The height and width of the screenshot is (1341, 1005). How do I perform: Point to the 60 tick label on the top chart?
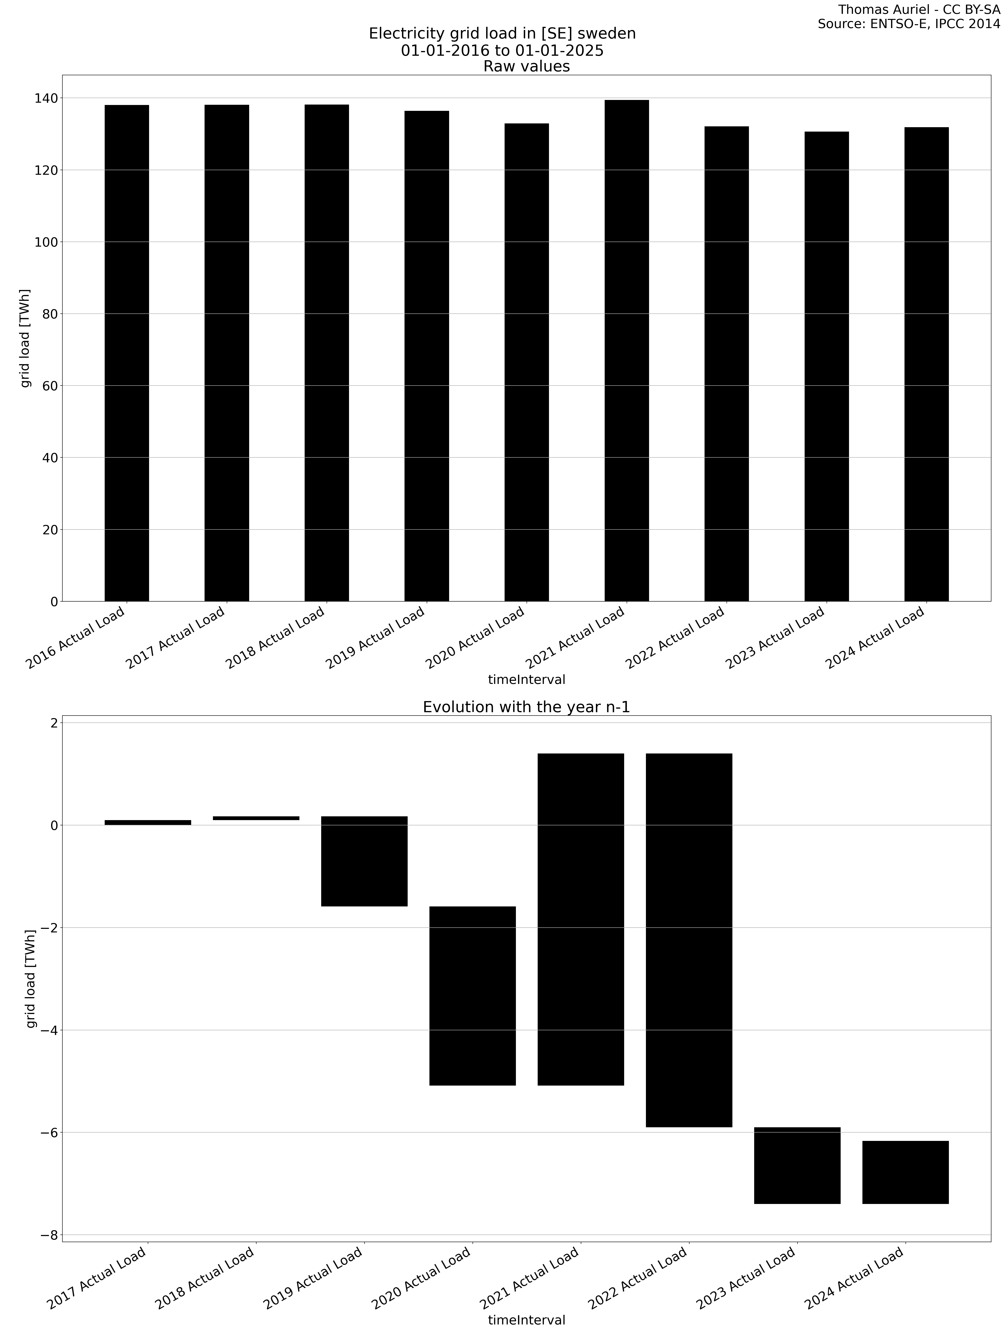point(50,386)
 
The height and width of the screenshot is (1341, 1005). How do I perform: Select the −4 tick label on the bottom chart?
point(45,1030)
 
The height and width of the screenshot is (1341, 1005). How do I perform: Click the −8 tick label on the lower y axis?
point(45,1235)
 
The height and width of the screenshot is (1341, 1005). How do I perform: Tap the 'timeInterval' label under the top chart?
point(526,680)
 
